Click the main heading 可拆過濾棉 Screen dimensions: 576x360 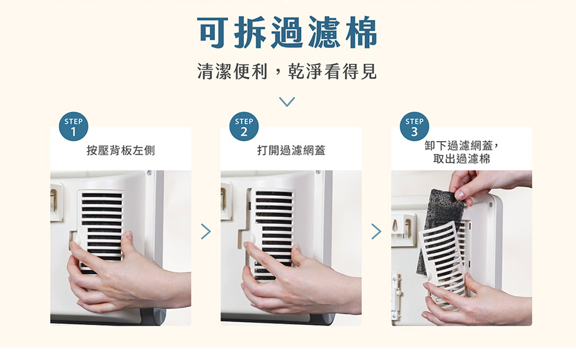(287, 32)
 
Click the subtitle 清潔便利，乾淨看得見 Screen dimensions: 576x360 (287, 71)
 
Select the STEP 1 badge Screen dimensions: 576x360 (74, 126)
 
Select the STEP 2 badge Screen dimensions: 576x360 (244, 126)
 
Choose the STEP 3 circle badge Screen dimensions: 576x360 (414, 126)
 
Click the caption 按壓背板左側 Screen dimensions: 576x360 (120, 150)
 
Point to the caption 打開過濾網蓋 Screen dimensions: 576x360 (291, 150)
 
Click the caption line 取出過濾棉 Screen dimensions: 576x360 (461, 159)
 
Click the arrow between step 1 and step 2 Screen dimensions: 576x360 (206, 232)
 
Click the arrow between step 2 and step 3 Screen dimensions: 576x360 (376, 232)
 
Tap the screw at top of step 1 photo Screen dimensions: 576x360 (150, 172)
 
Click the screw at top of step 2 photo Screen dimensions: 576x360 (318, 172)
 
